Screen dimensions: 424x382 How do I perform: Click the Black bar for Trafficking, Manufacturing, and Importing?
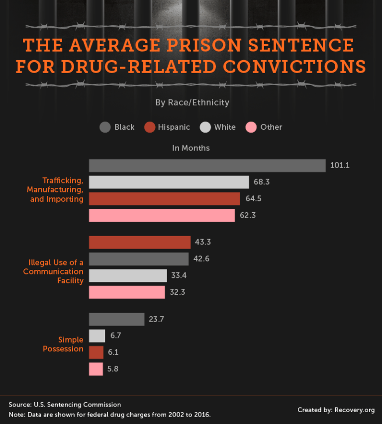coord(207,166)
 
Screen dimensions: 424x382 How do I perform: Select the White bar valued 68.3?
coord(169,182)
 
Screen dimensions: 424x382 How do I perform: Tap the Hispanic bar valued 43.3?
coord(140,242)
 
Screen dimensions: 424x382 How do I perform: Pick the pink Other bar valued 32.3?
coord(127,292)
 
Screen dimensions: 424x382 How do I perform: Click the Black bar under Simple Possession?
coord(116,319)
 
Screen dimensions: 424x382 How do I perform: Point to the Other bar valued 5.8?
coord(96,369)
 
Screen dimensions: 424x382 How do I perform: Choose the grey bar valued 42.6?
coord(139,259)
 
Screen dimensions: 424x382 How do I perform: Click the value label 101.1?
coord(340,166)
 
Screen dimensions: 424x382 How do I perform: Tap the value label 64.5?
coord(254,199)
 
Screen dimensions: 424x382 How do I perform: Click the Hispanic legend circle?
coord(150,127)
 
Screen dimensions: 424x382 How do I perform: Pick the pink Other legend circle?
coord(251,127)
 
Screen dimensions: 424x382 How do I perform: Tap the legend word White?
coord(225,127)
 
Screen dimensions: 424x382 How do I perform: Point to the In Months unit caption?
coord(191,148)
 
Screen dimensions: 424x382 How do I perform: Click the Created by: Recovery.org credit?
coord(336,410)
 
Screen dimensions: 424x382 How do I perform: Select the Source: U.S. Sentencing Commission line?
coord(65,405)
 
